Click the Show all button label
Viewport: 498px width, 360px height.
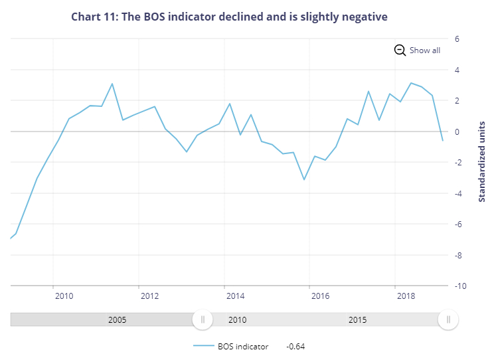coord(424,50)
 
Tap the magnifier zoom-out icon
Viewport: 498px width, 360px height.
coord(400,50)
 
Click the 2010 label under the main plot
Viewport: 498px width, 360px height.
coord(64,296)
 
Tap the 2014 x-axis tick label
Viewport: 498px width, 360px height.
coord(235,296)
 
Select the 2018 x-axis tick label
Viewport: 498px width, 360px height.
coord(406,296)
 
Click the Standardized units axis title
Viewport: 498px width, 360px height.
coord(483,161)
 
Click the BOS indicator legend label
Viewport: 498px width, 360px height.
coord(243,346)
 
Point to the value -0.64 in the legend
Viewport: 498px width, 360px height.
coord(295,346)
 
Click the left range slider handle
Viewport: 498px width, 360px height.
coord(203,319)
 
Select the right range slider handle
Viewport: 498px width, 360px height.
coord(448,319)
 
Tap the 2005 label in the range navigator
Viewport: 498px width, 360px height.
coord(118,319)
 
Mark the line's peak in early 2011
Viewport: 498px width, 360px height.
coord(112,84)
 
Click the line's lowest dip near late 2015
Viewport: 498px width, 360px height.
coord(304,179)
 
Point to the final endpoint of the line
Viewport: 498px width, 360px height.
coord(443,141)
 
